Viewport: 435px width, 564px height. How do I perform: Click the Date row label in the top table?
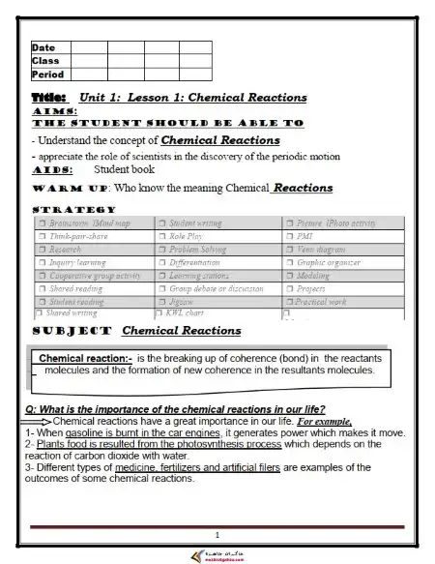43,47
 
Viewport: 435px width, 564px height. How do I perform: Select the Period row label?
47,74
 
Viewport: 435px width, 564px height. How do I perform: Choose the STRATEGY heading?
74,209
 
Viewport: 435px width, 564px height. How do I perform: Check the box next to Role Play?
161,235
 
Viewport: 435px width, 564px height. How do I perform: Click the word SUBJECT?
72,331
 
